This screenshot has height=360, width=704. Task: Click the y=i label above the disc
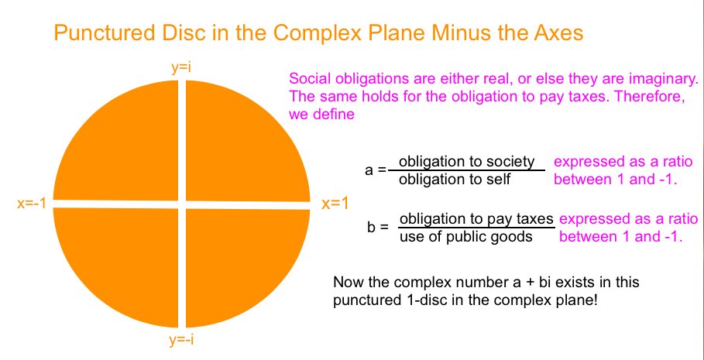click(x=181, y=69)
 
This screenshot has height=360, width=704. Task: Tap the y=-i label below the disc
click(x=181, y=340)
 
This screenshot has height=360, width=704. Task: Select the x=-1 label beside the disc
click(x=32, y=204)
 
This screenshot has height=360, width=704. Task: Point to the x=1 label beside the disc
click(x=335, y=204)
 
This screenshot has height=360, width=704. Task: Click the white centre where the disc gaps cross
click(x=182, y=204)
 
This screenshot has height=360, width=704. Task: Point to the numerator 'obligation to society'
click(x=467, y=161)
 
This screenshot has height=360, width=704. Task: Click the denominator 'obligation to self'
click(x=455, y=179)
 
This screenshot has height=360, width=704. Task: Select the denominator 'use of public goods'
click(x=465, y=237)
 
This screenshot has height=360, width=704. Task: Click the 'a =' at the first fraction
click(x=376, y=170)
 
